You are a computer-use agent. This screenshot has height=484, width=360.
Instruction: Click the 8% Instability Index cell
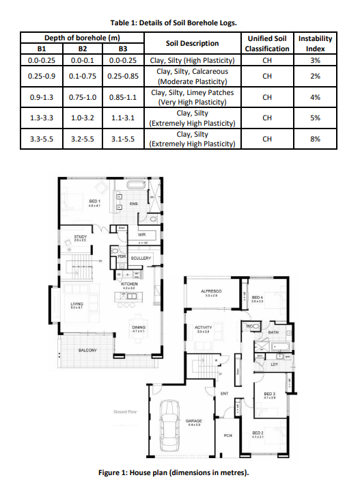315,139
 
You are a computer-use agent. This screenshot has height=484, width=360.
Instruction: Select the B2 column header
82,49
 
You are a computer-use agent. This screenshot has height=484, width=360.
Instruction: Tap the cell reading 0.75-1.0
82,97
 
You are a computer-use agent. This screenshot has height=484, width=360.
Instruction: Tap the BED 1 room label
94,202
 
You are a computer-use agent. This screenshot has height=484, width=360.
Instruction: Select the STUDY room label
81,237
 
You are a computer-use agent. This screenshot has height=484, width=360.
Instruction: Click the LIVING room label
77,304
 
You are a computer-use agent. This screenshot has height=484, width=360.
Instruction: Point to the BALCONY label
87,349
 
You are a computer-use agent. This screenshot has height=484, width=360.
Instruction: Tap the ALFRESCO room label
209,292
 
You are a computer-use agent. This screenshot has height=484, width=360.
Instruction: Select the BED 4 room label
258,298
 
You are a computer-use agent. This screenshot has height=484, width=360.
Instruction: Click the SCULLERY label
140,258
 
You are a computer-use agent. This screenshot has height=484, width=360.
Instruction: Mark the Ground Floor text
126,412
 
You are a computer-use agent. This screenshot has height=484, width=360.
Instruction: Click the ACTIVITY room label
203,328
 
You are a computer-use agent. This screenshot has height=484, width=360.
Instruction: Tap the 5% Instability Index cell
315,118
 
